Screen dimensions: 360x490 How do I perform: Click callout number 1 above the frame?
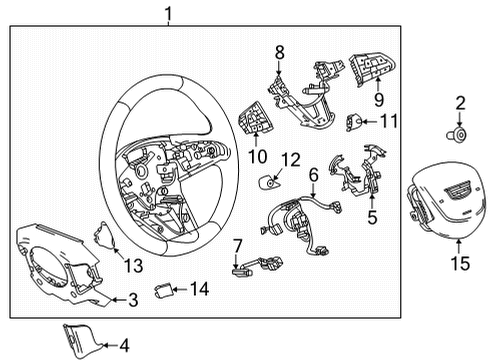click(169, 14)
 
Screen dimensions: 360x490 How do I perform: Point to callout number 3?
click(133, 298)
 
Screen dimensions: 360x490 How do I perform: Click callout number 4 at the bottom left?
click(124, 346)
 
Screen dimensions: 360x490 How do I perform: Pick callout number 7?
click(237, 246)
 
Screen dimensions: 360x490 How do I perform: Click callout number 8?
click(280, 49)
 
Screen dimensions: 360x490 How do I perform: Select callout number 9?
click(379, 100)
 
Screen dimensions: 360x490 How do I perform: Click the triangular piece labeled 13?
click(102, 234)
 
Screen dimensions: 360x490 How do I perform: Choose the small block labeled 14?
click(166, 291)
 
